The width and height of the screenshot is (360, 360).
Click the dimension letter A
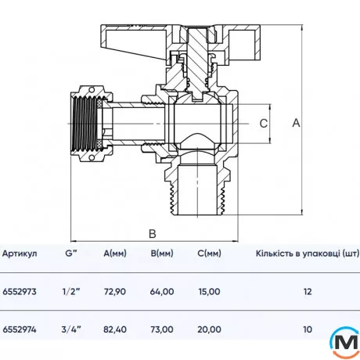296,123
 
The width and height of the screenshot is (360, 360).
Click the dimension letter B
153,234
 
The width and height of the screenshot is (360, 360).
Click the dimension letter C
264,123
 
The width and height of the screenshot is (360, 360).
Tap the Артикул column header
20,254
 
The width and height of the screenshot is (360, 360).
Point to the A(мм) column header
115,254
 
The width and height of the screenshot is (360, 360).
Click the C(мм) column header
209,254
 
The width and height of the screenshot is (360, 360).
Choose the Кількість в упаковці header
308,254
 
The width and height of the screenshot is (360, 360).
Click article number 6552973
20,291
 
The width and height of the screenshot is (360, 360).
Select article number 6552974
20,329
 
